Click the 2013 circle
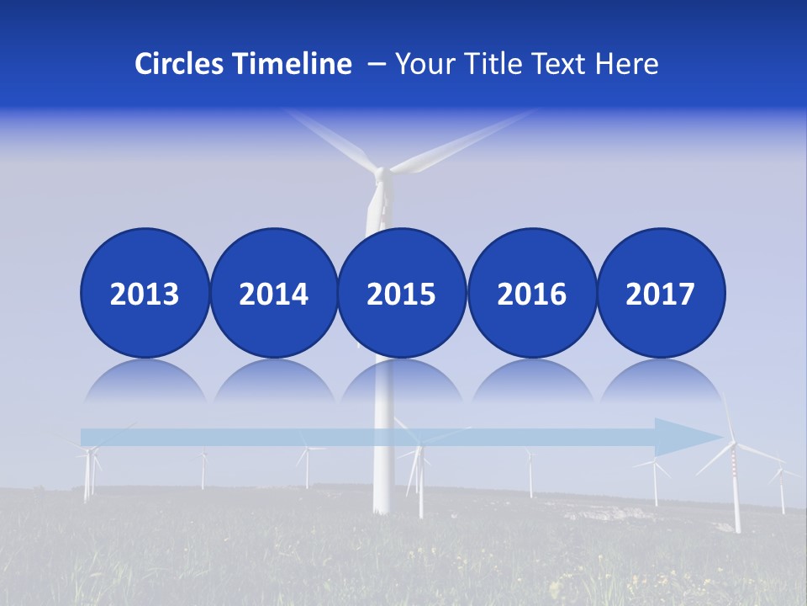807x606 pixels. pyautogui.click(x=145, y=294)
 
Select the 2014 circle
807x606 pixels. pyautogui.click(x=274, y=294)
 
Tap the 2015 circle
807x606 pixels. pyautogui.click(x=402, y=294)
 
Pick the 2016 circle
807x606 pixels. pyautogui.click(x=531, y=294)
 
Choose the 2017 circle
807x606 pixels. pyautogui.click(x=661, y=294)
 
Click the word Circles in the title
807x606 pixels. pyautogui.click(x=180, y=64)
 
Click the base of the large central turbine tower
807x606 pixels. pyautogui.click(x=382, y=505)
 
